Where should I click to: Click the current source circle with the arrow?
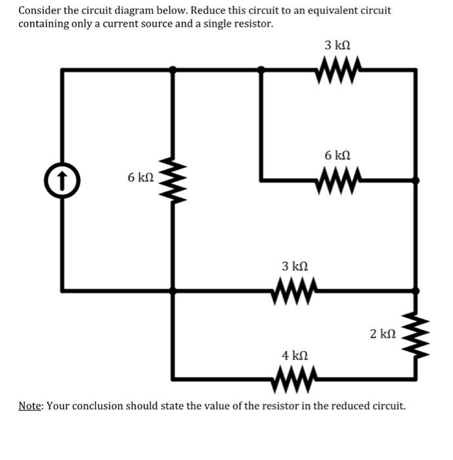coord(62,178)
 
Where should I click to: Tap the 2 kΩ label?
coord(382,334)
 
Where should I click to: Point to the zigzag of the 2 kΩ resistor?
coord(415,334)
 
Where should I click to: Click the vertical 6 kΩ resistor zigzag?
coord(173,178)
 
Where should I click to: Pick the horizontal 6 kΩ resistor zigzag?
coord(337,178)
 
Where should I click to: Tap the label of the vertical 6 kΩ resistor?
coord(140,178)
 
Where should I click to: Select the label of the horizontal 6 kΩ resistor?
coord(337,156)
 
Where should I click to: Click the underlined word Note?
coord(30,405)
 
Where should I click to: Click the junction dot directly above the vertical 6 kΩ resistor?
coord(173,68)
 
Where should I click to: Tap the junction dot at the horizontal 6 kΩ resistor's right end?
coord(415,179)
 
